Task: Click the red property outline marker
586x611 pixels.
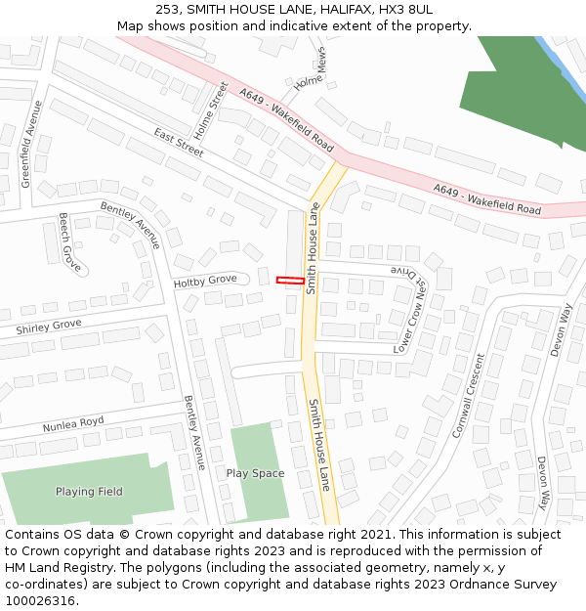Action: pyautogui.click(x=289, y=281)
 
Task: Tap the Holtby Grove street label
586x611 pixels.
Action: pyautogui.click(x=205, y=282)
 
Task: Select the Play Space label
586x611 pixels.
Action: pyautogui.click(x=255, y=473)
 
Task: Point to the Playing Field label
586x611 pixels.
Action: pyautogui.click(x=89, y=492)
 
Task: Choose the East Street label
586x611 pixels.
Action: pyautogui.click(x=178, y=143)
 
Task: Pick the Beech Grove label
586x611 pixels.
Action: pyautogui.click(x=69, y=241)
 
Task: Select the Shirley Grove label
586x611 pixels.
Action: pyautogui.click(x=49, y=327)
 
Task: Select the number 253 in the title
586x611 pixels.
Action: pyautogui.click(x=167, y=10)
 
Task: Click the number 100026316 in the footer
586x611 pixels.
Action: pyautogui.click(x=38, y=601)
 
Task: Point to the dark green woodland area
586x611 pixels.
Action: pyautogui.click(x=518, y=98)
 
